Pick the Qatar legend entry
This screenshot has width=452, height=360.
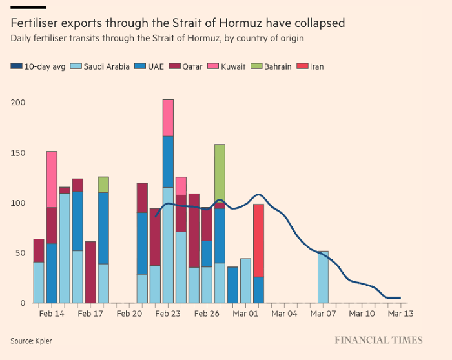192,66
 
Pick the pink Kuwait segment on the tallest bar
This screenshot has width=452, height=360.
168,117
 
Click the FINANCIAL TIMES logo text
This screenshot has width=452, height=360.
378,340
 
